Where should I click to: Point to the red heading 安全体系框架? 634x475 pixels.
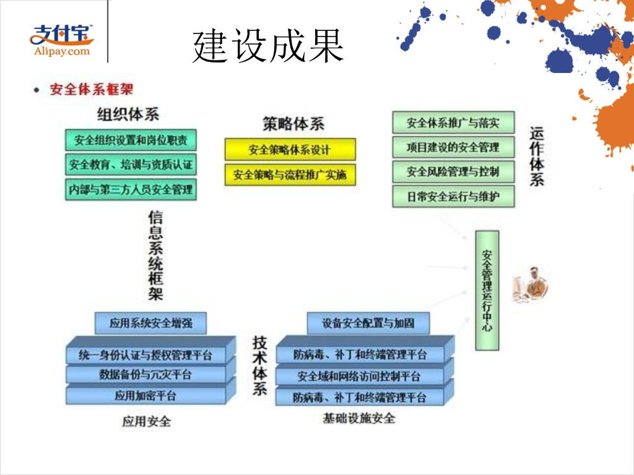tap(91, 90)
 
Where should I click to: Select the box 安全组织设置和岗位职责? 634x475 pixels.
tap(131, 140)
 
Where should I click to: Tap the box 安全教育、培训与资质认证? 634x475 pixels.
tap(131, 165)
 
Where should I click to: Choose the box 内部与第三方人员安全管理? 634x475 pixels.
tap(131, 189)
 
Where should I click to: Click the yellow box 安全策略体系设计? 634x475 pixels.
tap(290, 150)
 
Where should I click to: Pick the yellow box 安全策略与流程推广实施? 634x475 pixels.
tap(290, 174)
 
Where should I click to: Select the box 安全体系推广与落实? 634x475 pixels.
tap(453, 122)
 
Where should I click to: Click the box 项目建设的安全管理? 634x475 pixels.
tap(453, 147)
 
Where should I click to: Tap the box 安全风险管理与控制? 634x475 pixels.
tap(453, 171)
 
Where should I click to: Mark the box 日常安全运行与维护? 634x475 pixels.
tap(453, 197)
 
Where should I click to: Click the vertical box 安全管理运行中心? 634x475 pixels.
tap(487, 289)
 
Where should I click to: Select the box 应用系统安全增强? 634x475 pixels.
tap(150, 322)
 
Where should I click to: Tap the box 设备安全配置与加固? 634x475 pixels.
tap(368, 322)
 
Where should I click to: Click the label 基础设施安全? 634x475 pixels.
tap(358, 419)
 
